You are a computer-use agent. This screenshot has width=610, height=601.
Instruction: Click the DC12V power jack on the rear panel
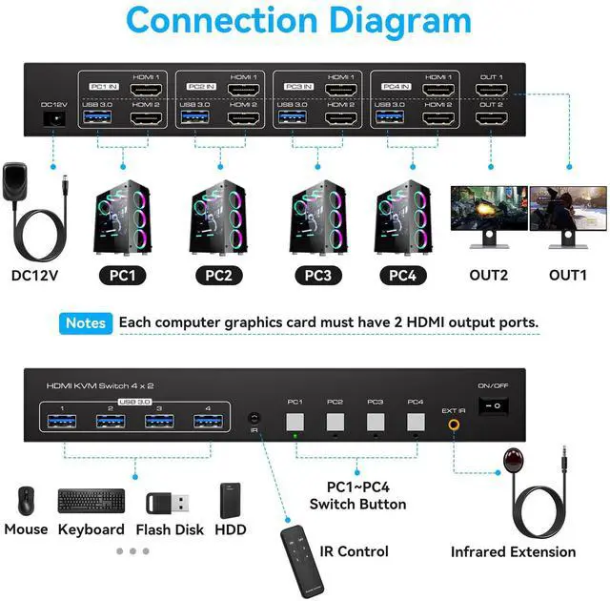(x=53, y=118)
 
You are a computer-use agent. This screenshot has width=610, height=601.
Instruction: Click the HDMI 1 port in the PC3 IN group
(x=341, y=90)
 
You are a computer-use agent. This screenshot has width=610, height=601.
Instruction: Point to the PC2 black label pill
(x=217, y=277)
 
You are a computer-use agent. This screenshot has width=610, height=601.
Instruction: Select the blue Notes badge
(x=86, y=323)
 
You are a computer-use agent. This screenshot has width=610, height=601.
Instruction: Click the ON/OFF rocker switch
(x=493, y=404)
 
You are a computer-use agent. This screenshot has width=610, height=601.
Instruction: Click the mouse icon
(x=25, y=500)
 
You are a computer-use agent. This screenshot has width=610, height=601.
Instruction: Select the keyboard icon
(x=91, y=500)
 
